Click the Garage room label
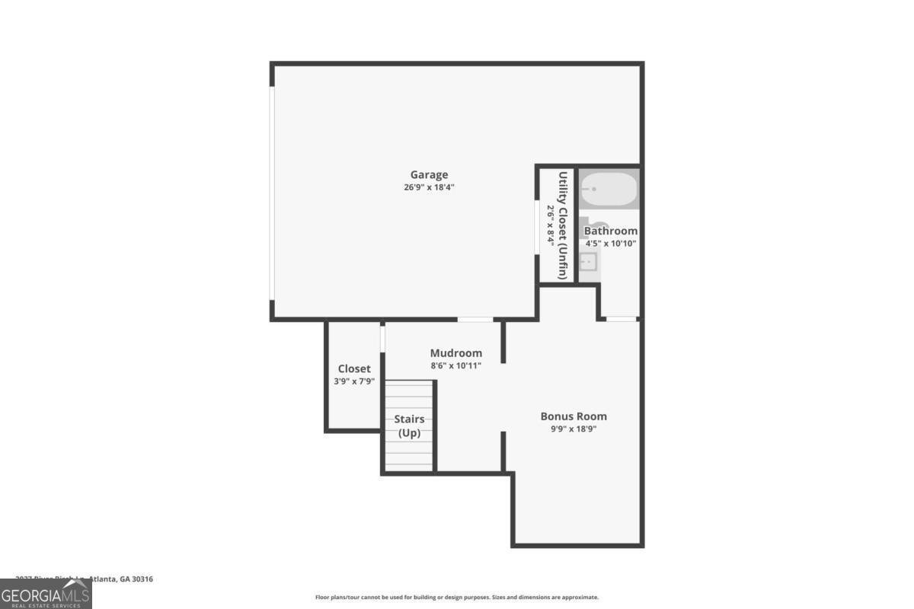(x=430, y=174)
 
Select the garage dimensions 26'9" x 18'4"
(x=430, y=187)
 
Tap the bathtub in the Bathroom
(x=609, y=189)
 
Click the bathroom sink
(x=588, y=263)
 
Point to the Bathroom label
(x=611, y=231)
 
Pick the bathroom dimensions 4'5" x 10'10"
(x=611, y=244)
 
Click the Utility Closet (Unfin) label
(x=563, y=225)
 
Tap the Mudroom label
(x=456, y=352)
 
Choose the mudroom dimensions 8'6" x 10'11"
(x=456, y=365)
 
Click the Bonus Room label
(x=574, y=416)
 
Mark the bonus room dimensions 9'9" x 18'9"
(x=574, y=429)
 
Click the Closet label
(x=354, y=368)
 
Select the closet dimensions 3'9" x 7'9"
(x=354, y=381)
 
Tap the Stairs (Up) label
(x=409, y=426)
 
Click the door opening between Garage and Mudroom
(x=475, y=319)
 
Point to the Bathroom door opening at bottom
(x=622, y=319)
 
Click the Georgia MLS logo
(x=46, y=594)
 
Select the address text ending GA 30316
(x=84, y=579)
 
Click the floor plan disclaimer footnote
(x=457, y=598)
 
